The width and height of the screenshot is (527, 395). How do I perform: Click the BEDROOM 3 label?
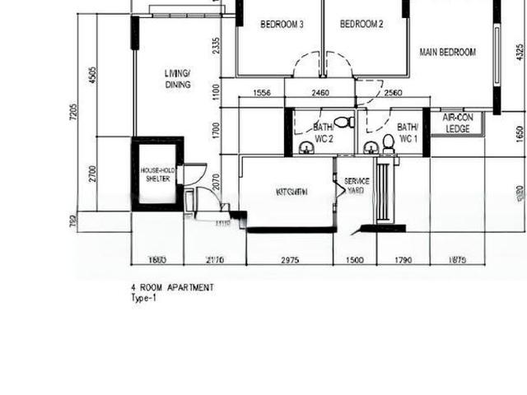[282, 25]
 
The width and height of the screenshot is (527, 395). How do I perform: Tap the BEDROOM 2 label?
[361, 25]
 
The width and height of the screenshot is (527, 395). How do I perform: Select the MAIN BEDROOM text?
[447, 53]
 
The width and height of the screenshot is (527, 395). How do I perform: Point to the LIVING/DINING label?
[177, 78]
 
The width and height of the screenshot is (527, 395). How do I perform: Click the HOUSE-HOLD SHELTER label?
[156, 174]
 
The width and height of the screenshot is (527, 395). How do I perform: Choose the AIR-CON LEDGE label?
[456, 123]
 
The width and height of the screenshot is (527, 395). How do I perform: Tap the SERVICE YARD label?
[357, 185]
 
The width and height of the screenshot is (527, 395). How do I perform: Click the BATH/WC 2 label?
[323, 133]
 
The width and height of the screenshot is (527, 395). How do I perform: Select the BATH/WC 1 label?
[407, 133]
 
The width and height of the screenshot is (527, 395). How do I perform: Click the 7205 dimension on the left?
[72, 112]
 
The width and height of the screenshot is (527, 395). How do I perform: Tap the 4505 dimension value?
[92, 75]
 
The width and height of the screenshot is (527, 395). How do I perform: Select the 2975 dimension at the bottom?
[289, 260]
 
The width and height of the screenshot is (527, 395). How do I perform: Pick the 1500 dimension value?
[354, 260]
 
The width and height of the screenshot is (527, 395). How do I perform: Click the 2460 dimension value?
[319, 94]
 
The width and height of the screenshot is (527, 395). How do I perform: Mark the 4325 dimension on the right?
[519, 51]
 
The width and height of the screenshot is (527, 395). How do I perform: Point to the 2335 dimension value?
[216, 46]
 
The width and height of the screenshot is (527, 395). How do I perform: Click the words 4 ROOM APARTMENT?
[172, 287]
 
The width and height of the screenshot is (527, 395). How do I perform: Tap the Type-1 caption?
[143, 298]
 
